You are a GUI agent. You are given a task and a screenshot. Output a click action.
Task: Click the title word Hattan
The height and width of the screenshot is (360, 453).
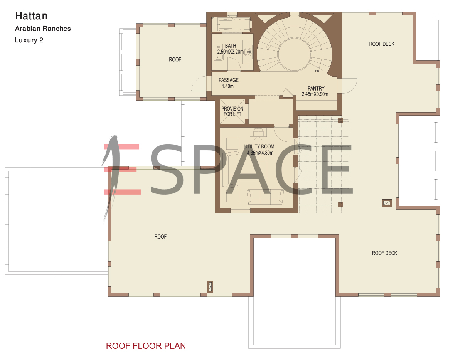[x=31, y=16]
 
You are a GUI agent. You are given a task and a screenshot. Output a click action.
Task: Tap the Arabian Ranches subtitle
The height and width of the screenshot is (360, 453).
[x=43, y=29]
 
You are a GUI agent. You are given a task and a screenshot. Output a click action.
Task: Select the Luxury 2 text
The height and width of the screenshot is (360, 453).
[x=29, y=40]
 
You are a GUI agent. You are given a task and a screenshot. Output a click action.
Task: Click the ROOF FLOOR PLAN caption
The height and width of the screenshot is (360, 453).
[x=146, y=346]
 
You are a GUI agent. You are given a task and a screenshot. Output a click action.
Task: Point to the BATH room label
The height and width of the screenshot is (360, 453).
[x=231, y=45]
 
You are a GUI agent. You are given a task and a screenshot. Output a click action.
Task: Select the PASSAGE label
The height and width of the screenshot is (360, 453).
[x=229, y=80]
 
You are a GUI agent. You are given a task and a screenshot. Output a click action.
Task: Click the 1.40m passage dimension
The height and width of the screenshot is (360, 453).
[x=227, y=86]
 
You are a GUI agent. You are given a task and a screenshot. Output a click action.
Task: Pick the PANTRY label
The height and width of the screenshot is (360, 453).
[x=316, y=88]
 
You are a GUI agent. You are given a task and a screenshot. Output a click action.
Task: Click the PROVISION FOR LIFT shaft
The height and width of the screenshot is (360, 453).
[x=232, y=111]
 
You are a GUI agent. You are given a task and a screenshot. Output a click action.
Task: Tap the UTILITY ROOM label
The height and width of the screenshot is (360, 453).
[x=259, y=146]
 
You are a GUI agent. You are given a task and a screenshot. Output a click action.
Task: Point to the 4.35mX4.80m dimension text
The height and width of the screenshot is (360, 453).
[x=260, y=153]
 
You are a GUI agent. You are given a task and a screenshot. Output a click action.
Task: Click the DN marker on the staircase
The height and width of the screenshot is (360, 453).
[x=317, y=71]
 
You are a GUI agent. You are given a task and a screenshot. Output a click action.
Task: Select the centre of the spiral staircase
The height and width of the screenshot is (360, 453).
[x=295, y=54]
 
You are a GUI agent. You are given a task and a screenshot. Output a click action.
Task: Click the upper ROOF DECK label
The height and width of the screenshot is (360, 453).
[x=382, y=44]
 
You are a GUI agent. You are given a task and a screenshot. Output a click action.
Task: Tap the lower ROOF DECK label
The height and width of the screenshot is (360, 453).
[x=384, y=253]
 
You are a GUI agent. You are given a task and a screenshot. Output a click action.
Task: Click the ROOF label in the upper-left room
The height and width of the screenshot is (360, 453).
[x=175, y=59]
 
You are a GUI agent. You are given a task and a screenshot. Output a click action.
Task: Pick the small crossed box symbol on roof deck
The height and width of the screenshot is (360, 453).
[x=387, y=203]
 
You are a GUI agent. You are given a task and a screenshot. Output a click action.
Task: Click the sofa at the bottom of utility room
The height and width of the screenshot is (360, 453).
[x=265, y=198]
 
